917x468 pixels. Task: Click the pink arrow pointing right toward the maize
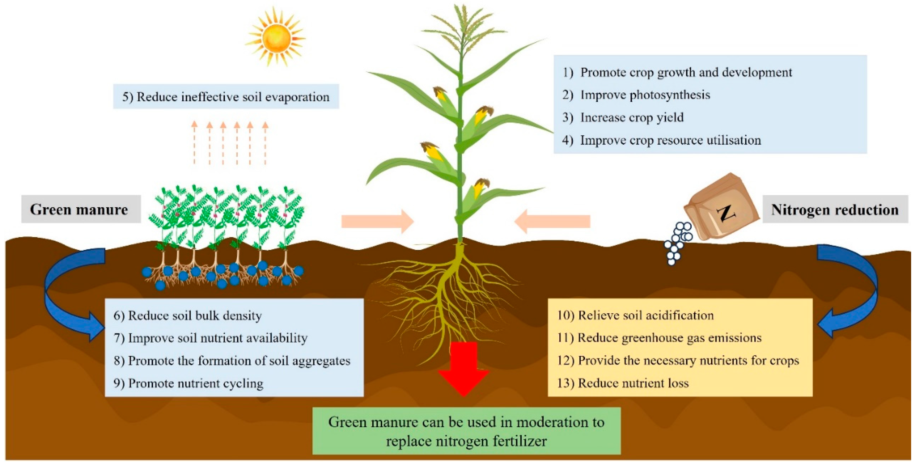(377, 222)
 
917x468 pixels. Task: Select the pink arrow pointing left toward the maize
(552, 222)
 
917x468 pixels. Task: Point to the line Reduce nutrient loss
(623, 383)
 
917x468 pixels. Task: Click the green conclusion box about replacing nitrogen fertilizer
(466, 431)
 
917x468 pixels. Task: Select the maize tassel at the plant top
(463, 25)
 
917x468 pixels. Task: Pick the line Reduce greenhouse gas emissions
(659, 338)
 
